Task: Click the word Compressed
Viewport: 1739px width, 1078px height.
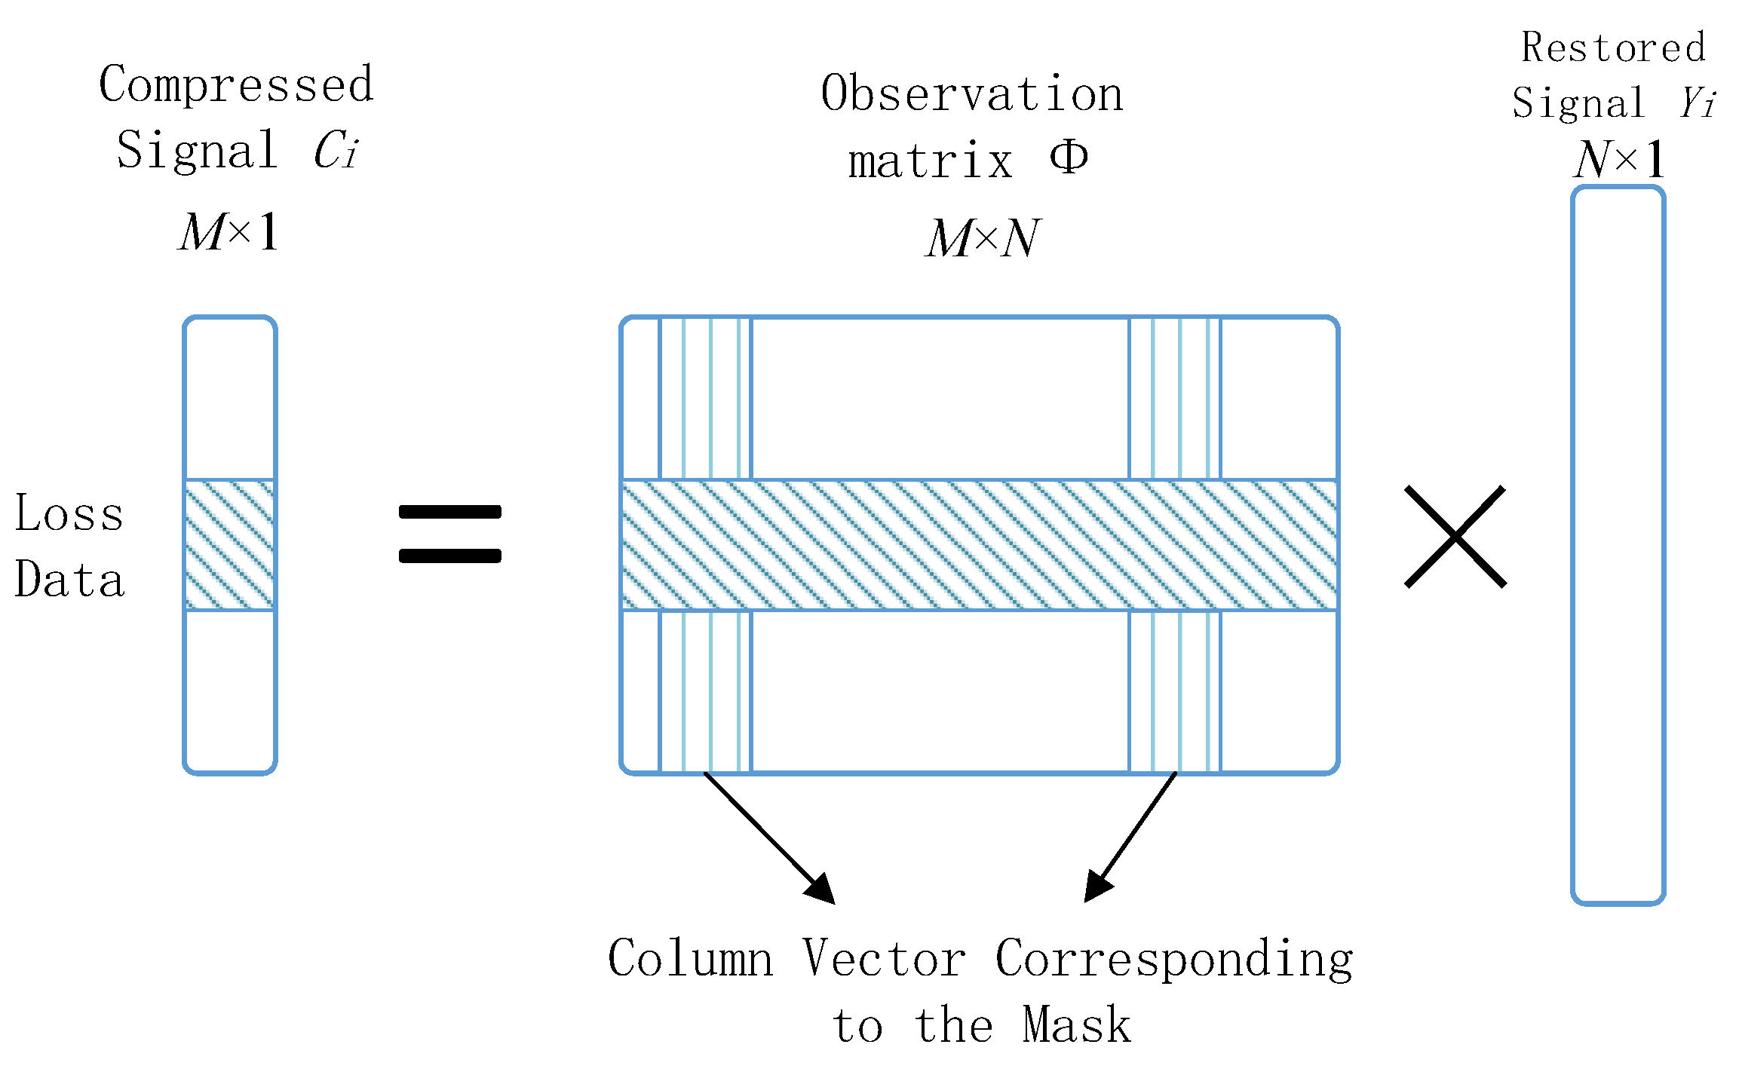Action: [236, 85]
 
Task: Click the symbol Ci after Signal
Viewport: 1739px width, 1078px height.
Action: [336, 150]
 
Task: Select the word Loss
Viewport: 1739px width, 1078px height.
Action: [69, 514]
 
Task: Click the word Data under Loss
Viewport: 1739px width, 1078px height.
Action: [69, 580]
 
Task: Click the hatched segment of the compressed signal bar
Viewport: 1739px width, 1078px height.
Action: [230, 544]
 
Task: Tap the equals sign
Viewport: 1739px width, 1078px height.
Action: [450, 534]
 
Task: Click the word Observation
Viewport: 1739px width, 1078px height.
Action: [972, 95]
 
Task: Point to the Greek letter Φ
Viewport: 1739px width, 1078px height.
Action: [1069, 158]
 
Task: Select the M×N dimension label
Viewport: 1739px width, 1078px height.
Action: [983, 239]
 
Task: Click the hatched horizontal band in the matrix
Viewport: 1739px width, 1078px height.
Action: [979, 544]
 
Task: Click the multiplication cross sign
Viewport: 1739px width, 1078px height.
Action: [1455, 537]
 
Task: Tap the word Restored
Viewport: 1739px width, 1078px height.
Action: [1613, 48]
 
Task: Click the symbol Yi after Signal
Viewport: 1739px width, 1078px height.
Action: [1698, 103]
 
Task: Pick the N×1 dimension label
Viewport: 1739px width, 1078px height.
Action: [1619, 159]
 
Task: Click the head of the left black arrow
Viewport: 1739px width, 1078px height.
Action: [822, 890]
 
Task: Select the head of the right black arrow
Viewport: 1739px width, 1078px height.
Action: [1096, 887]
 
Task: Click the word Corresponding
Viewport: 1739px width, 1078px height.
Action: [1174, 960]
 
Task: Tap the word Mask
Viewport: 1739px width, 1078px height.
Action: [1077, 1026]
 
